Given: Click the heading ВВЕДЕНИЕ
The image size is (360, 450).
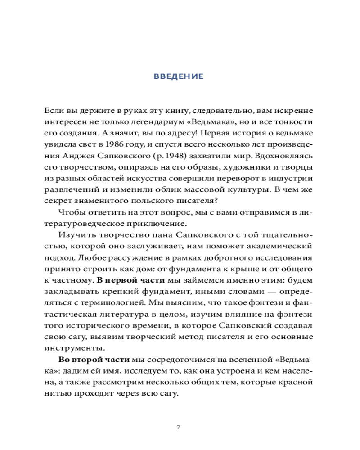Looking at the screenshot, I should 179,76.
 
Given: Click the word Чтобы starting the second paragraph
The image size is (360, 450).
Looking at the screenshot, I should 71,212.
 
